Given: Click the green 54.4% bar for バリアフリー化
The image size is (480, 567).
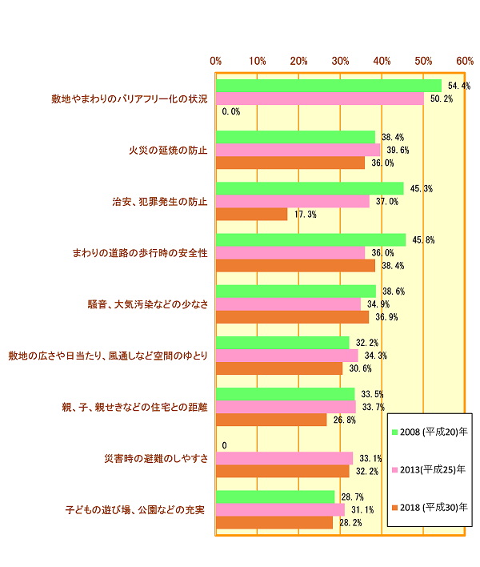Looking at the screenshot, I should (x=328, y=86).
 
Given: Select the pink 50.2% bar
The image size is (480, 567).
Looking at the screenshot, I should (x=320, y=99).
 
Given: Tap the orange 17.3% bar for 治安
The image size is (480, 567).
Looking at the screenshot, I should (x=251, y=215).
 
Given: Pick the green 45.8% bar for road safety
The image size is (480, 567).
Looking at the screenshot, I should (x=310, y=239).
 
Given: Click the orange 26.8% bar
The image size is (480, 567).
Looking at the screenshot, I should (x=271, y=420).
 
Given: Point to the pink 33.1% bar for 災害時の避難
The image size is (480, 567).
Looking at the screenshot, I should (x=284, y=458).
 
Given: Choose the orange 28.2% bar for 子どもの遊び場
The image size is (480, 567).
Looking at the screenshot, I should (x=274, y=522).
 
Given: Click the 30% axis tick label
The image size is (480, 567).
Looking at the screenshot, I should (x=340, y=61).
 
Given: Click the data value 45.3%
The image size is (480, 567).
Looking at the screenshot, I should (x=421, y=189).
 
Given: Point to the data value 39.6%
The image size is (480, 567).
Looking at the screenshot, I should (x=395, y=150).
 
